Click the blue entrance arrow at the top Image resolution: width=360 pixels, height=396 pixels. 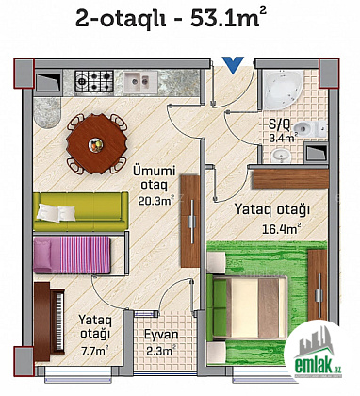[233, 64]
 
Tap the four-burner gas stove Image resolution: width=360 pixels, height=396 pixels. [94, 81]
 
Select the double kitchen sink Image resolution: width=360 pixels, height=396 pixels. [140, 82]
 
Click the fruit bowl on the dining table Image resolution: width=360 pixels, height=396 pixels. [96, 145]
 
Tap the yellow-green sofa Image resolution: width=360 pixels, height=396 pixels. [80, 211]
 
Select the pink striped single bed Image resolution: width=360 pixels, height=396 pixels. [72, 255]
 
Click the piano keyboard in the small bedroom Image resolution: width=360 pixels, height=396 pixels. [59, 321]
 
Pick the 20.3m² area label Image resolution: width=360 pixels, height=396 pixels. [155, 201]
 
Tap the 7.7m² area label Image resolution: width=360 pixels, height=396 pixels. [95, 350]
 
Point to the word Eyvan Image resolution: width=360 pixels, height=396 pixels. [161, 335]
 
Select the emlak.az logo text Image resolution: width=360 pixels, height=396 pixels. [318, 366]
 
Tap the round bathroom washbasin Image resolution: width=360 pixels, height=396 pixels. [281, 155]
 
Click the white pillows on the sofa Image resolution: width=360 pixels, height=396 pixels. [57, 212]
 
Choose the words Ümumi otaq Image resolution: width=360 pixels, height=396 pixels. [155, 178]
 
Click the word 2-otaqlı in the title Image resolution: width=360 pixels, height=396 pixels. [121, 20]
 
